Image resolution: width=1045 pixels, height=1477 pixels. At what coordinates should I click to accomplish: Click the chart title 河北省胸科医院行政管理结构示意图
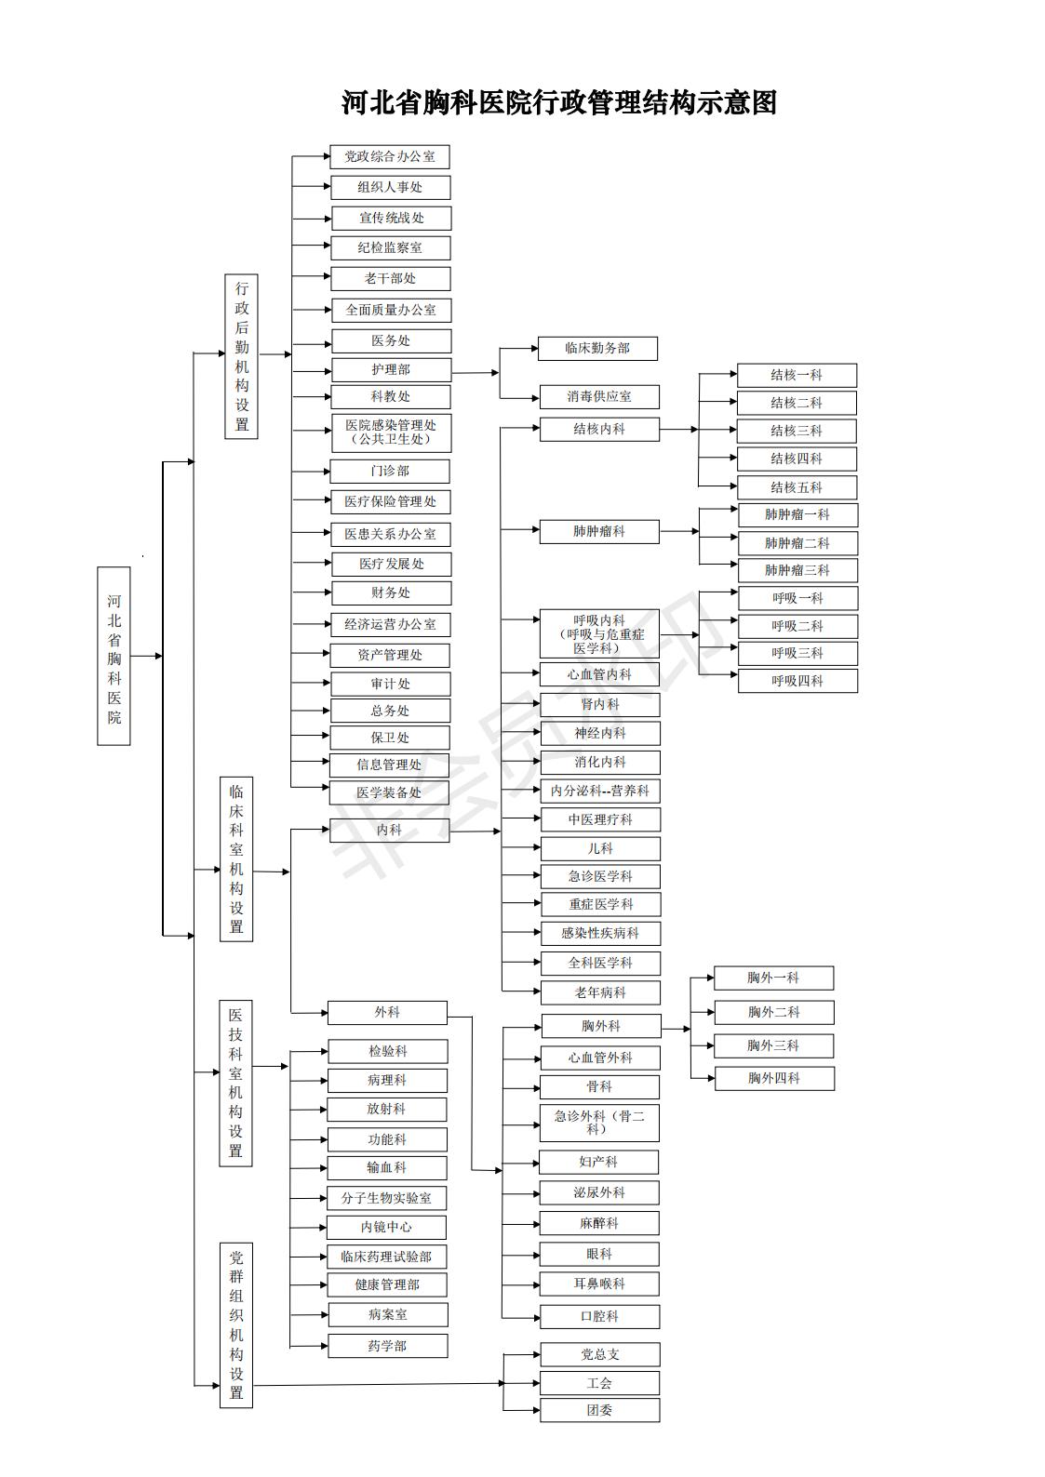[558, 102]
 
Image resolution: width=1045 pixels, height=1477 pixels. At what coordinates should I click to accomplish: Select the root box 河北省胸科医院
[114, 656]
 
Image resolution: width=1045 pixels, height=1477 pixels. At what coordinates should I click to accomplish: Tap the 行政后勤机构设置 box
[241, 356]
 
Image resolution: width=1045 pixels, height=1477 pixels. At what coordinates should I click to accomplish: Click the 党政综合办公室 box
[390, 156]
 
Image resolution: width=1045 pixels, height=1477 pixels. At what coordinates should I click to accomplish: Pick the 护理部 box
[391, 369]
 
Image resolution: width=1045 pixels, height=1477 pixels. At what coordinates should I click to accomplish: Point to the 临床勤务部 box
[597, 348]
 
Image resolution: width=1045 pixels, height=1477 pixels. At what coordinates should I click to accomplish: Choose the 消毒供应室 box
[599, 396]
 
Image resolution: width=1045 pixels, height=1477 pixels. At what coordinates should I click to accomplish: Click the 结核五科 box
[797, 486]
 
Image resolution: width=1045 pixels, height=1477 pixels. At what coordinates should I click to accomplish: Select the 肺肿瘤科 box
[599, 531]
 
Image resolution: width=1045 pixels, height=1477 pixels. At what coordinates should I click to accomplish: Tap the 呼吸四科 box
[797, 680]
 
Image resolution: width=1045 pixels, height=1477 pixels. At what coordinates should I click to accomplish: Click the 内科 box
[389, 830]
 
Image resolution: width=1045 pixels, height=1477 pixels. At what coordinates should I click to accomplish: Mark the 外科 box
[387, 1012]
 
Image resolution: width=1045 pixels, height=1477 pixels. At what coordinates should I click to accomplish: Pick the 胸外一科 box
[773, 978]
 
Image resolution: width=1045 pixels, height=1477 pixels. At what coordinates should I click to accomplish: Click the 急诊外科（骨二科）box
[599, 1122]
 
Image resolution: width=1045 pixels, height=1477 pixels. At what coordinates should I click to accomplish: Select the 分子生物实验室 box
[386, 1198]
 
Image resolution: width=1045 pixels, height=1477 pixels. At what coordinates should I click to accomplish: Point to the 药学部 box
[387, 1345]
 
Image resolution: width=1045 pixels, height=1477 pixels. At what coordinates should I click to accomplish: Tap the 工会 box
[599, 1383]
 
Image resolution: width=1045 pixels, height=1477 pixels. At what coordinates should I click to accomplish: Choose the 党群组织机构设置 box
[236, 1324]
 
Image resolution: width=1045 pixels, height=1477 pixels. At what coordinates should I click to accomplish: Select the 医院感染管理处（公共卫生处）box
[390, 432]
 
